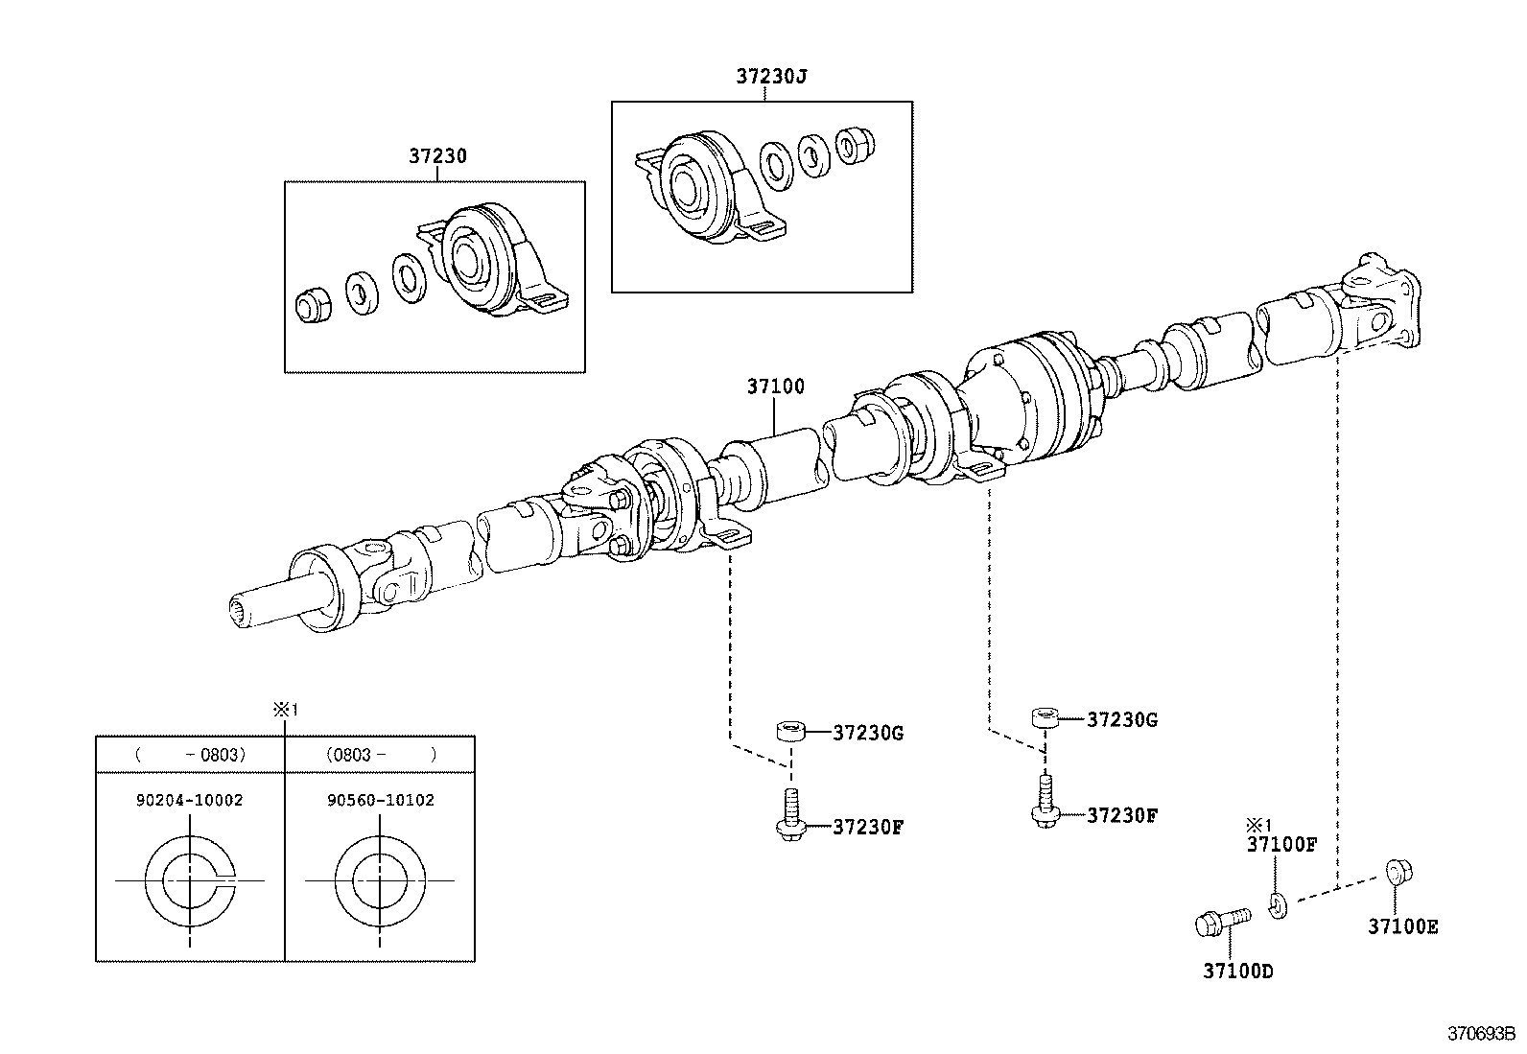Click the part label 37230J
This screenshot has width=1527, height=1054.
[771, 77]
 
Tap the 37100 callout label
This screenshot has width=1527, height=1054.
[775, 387]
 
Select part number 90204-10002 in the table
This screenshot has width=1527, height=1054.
[190, 800]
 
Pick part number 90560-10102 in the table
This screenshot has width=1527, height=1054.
[381, 800]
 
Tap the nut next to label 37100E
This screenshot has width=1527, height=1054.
[1398, 874]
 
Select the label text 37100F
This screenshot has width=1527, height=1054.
[1281, 845]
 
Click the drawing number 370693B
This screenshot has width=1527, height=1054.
[1480, 1035]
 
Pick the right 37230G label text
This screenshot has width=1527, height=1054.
[1122, 720]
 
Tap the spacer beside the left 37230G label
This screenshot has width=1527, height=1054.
[789, 733]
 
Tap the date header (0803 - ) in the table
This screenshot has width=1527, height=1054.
[380, 755]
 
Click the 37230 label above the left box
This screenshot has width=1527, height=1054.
[437, 155]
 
